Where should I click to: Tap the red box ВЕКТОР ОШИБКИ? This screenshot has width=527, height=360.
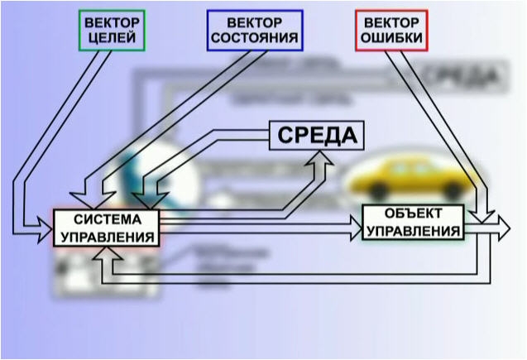click(x=390, y=31)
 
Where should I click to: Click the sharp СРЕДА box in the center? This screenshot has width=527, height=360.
click(x=317, y=135)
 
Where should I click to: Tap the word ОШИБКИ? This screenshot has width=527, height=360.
click(x=390, y=39)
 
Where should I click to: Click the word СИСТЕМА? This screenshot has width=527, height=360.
click(x=106, y=219)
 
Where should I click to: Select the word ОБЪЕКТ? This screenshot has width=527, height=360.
click(x=413, y=214)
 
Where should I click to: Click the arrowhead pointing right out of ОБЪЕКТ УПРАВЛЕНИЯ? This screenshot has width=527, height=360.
click(x=501, y=225)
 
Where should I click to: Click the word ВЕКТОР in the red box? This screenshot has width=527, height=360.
click(x=390, y=22)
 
